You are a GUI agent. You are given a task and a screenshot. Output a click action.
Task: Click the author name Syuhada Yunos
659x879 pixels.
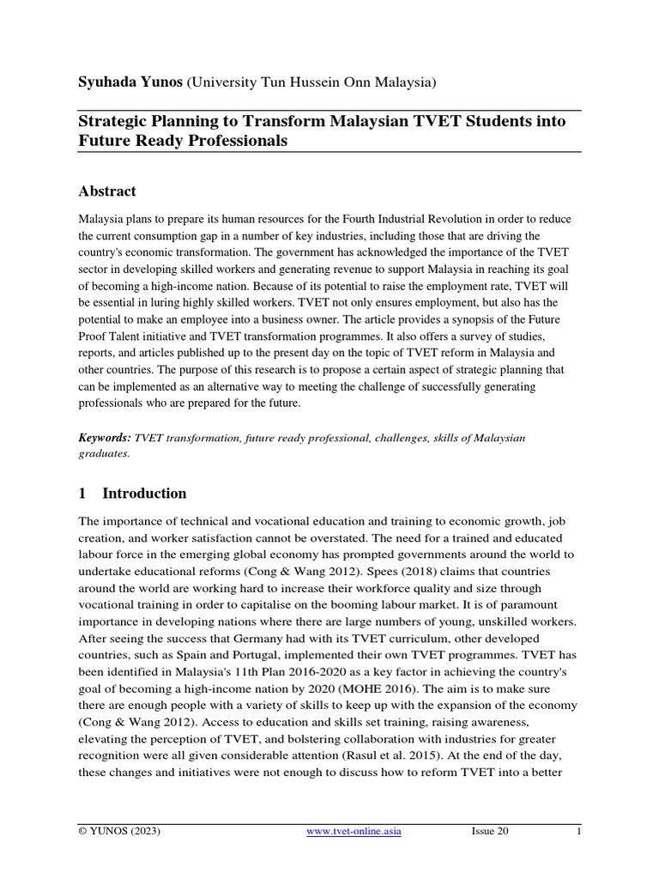coord(130,82)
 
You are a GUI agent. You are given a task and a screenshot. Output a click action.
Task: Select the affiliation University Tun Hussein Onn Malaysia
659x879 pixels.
coord(311,82)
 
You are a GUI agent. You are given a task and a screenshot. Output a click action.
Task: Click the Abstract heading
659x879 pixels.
coord(107,191)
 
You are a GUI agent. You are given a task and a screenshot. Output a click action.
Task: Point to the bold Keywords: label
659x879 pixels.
coord(105,438)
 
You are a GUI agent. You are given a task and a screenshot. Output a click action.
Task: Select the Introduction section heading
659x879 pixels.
coord(144,494)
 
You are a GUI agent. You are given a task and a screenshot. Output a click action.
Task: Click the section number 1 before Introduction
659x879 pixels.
coord(82,494)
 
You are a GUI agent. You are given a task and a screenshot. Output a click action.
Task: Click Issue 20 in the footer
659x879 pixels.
coord(490,832)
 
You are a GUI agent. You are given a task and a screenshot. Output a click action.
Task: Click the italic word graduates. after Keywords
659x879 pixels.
coord(104,454)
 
